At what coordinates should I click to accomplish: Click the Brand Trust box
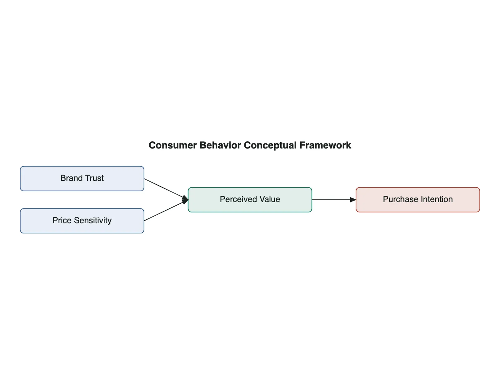pos(82,178)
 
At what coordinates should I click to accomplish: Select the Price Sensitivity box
pos(82,221)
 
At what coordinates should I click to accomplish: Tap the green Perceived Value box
pos(250,200)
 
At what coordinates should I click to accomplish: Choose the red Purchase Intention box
pos(418,200)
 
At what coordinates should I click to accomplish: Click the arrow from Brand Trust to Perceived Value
pos(166,189)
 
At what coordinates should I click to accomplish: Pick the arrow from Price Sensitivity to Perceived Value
pos(166,210)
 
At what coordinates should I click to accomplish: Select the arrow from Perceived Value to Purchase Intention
pos(334,200)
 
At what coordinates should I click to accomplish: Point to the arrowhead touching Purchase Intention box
pos(353,200)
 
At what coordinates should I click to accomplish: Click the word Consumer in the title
pos(173,145)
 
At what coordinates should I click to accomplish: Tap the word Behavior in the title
pos(220,145)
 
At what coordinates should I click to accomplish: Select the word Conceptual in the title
pos(270,146)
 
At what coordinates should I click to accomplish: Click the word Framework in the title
pos(325,145)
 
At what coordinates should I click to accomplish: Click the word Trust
pos(94,178)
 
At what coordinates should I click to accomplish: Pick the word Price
pos(62,220)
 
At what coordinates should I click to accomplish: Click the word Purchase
pos(401,199)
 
